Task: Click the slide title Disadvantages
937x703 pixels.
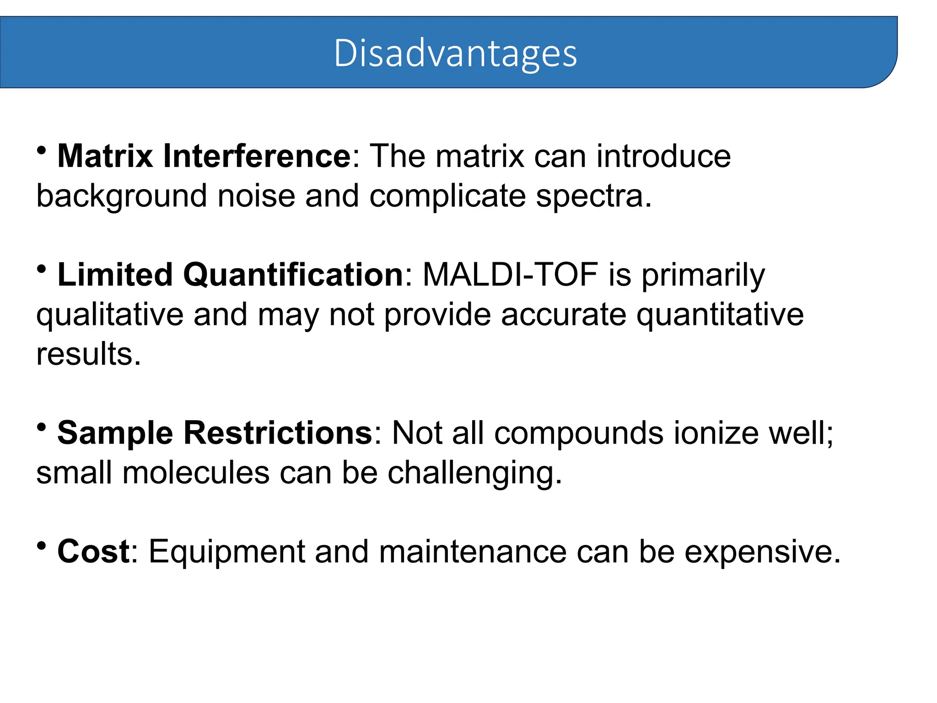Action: pos(455,54)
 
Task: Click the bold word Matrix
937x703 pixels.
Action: pos(105,157)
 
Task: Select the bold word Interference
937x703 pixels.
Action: pos(257,157)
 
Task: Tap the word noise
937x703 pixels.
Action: pos(256,196)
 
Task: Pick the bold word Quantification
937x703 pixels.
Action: pos(293,275)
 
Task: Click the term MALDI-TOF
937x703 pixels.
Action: pos(511,275)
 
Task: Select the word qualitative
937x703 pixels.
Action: pos(110,315)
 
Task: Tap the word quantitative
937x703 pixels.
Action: pos(720,315)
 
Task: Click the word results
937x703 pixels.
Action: pos(88,354)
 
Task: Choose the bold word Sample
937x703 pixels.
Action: pos(115,433)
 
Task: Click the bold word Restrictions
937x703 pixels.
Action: pos(278,433)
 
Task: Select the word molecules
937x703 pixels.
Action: pos(196,473)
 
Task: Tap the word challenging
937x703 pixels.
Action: pos(474,474)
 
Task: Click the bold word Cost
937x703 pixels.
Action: pos(93,552)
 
